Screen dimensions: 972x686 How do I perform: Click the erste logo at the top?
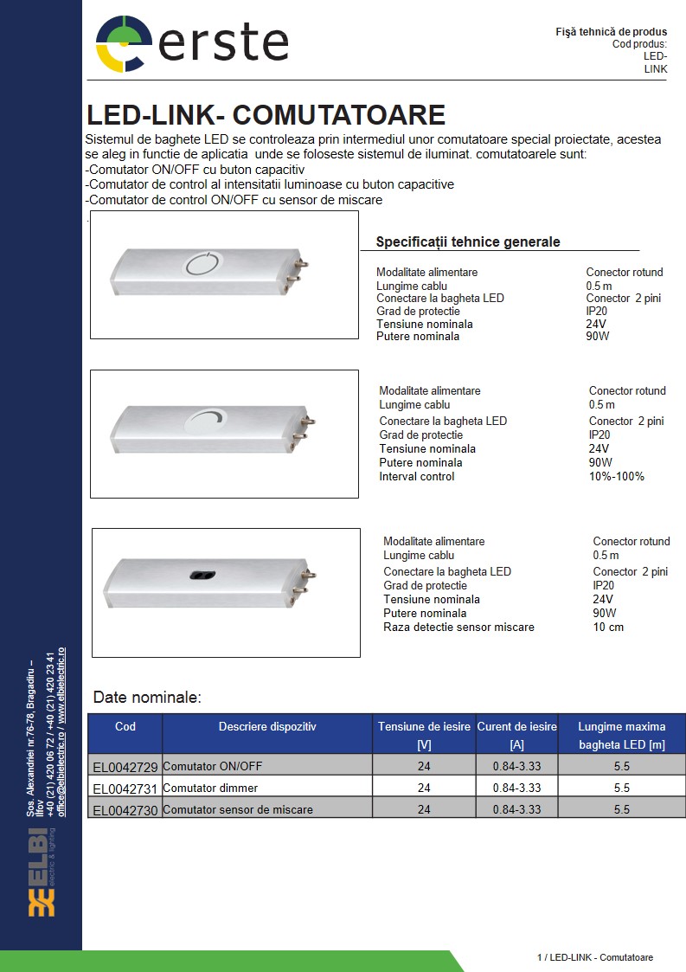(x=191, y=43)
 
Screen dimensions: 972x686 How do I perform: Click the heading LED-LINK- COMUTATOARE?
(x=266, y=115)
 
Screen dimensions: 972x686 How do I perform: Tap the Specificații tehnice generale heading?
(x=468, y=242)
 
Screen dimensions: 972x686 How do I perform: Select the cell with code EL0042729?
(x=125, y=766)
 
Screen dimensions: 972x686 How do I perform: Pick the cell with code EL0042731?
(x=125, y=789)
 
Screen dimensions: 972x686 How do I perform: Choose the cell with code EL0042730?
(x=125, y=810)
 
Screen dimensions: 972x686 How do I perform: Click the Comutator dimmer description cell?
(x=210, y=788)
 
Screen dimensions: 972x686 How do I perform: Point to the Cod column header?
(x=125, y=727)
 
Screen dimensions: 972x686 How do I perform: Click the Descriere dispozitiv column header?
(x=267, y=727)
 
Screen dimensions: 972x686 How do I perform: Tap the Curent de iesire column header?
(x=516, y=735)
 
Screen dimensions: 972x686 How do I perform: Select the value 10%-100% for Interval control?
(x=616, y=476)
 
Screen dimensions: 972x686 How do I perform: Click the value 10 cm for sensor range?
(x=608, y=627)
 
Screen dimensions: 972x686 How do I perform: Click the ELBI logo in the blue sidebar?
(x=42, y=871)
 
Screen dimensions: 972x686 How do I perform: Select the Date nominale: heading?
(x=147, y=697)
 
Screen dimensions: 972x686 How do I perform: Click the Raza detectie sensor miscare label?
(x=458, y=627)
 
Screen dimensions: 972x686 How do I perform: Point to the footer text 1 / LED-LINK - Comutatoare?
(x=594, y=957)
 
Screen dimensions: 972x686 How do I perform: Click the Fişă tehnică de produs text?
(x=611, y=32)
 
